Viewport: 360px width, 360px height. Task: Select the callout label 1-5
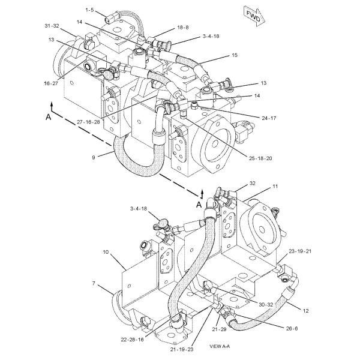tap(90, 10)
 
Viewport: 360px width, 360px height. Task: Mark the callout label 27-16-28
tap(89, 121)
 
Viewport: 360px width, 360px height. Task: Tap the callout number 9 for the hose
tap(93, 157)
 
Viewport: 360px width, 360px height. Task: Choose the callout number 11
tap(275, 187)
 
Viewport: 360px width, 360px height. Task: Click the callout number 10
tap(106, 253)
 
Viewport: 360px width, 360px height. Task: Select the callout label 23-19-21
tap(300, 251)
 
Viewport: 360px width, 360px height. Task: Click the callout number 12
tap(307, 310)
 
